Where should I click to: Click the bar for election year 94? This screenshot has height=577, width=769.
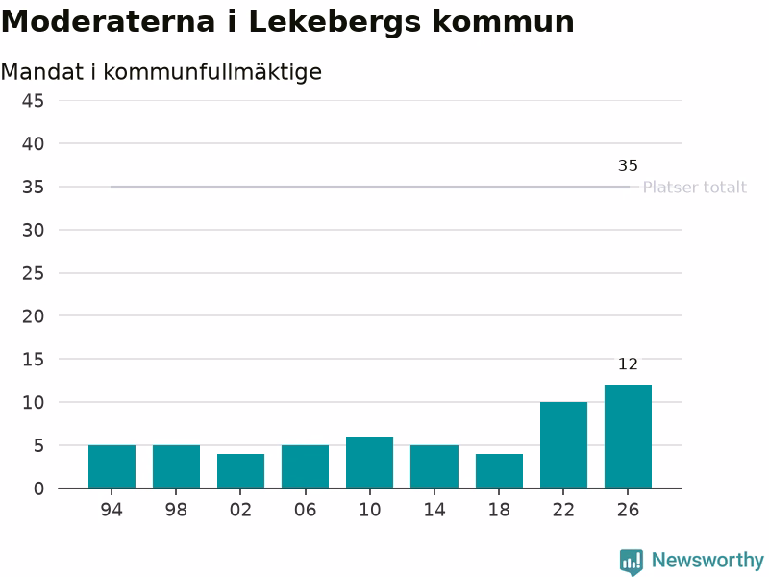point(112,466)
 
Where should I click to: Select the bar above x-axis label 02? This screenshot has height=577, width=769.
point(241,471)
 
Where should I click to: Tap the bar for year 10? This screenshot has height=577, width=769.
point(370,463)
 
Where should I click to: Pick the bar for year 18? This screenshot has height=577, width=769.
point(499,471)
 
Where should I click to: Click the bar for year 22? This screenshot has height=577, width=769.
point(563,445)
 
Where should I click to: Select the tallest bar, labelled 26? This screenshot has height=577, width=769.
point(629,437)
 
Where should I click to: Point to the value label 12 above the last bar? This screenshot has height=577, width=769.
point(628,364)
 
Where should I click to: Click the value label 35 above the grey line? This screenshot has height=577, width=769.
point(628,165)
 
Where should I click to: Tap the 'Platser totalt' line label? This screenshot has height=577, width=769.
point(694,187)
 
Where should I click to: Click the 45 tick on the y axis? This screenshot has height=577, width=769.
point(33,101)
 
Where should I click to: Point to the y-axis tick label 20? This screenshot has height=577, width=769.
point(33,316)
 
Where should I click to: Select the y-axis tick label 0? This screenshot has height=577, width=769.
point(38,489)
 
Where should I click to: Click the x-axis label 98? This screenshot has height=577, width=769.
point(176,510)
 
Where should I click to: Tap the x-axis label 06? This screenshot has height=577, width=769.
point(305,510)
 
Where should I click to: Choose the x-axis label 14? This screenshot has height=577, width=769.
point(434,510)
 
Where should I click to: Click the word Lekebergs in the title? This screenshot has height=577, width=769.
point(335,23)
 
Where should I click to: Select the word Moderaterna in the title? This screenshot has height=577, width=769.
point(109,22)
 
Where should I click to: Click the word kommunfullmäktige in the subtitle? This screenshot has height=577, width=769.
point(212,73)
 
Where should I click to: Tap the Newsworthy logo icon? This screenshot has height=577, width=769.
point(632,562)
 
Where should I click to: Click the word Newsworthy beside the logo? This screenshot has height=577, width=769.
point(707,561)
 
